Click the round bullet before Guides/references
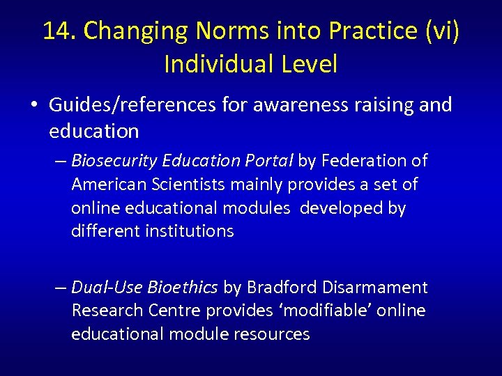pyautogui.click(x=33, y=106)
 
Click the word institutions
pyautogui.click(x=190, y=231)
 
